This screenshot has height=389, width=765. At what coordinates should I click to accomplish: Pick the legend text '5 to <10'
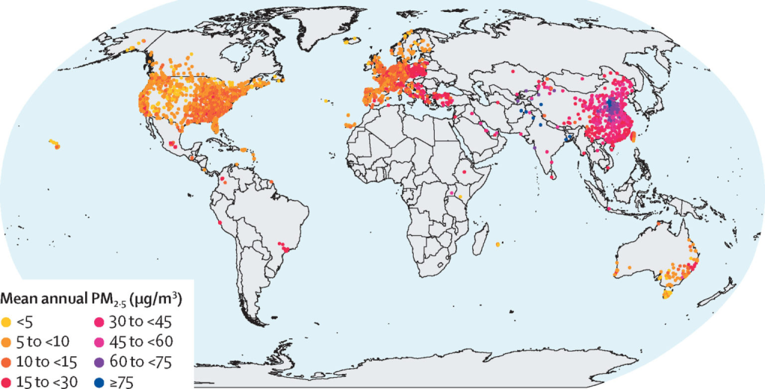(43, 342)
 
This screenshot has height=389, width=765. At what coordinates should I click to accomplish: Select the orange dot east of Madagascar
(498, 244)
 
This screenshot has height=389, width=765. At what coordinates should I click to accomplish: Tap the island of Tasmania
(667, 293)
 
